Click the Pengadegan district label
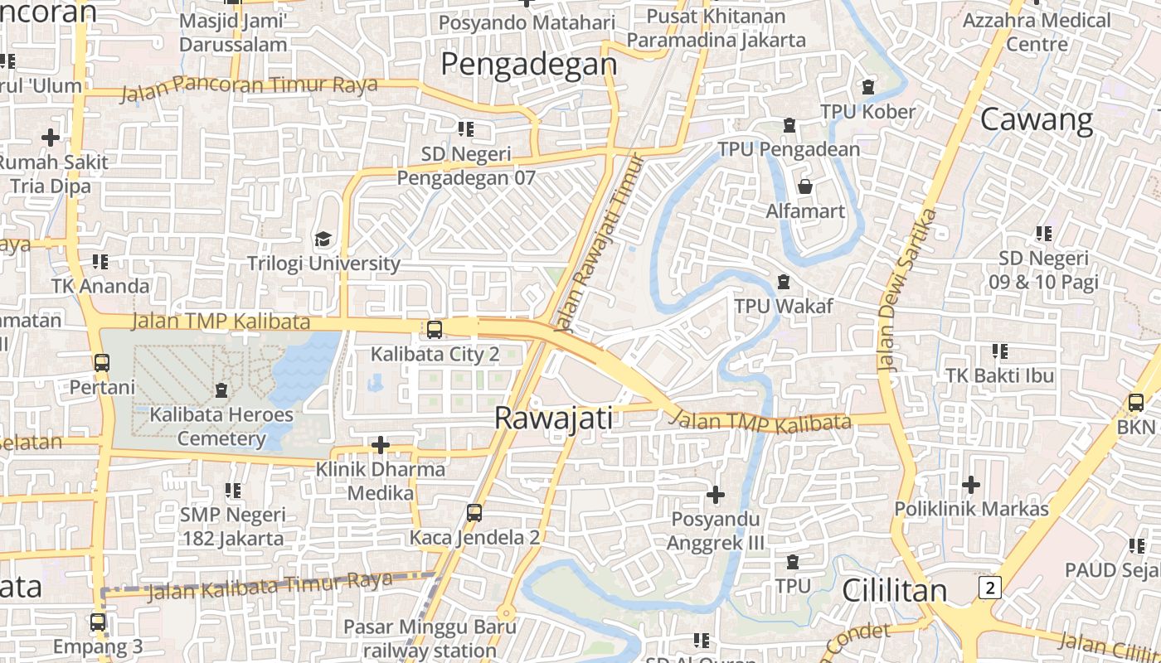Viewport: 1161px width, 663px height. [x=528, y=64]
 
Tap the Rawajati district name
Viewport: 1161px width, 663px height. [x=553, y=418]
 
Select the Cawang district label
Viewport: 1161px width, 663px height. [x=1037, y=120]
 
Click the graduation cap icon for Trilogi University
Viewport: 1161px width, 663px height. [x=323, y=240]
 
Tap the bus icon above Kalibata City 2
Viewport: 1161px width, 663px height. [x=434, y=330]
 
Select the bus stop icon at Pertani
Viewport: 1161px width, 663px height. [x=101, y=363]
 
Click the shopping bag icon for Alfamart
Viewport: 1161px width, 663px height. [x=804, y=186]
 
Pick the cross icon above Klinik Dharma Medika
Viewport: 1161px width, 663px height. [x=381, y=446]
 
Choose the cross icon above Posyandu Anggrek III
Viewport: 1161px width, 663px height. [x=715, y=495]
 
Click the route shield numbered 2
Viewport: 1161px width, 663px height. [x=989, y=588]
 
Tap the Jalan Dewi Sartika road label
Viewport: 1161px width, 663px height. [x=906, y=289]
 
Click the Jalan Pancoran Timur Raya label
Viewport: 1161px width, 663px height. [x=249, y=87]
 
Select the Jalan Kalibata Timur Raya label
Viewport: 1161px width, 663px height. [x=270, y=586]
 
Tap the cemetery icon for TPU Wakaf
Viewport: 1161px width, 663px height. [x=783, y=283]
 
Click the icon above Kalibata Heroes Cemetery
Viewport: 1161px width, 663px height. [x=221, y=390]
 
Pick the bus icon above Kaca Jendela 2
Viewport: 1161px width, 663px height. [x=474, y=513]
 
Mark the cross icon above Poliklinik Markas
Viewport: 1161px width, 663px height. [x=970, y=484]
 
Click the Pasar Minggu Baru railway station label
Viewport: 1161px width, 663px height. [x=430, y=638]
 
